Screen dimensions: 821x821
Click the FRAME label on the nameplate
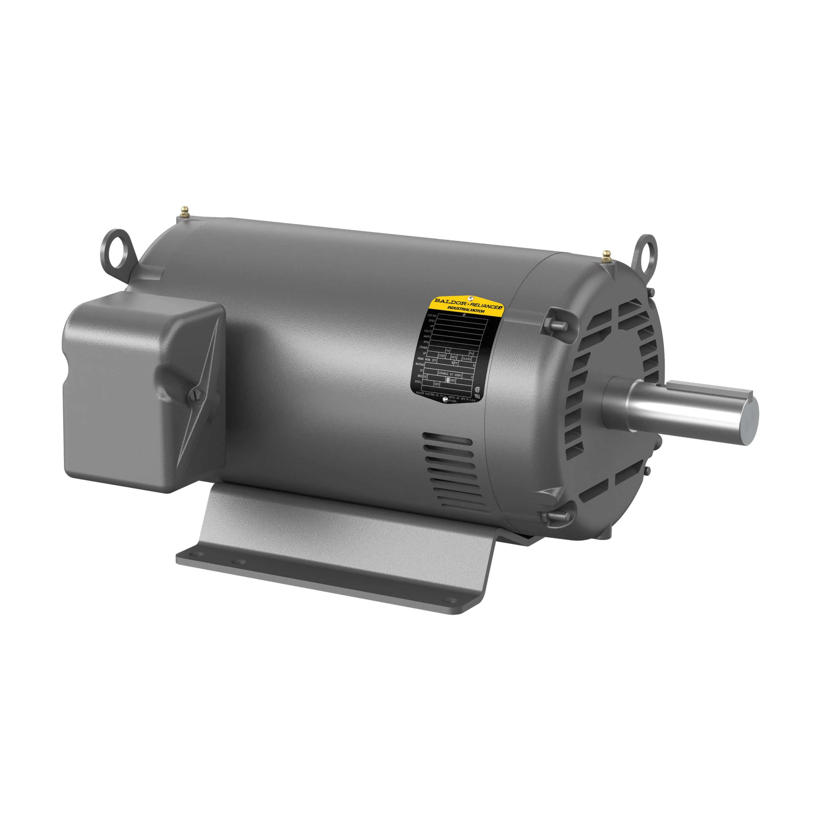(x=423, y=347)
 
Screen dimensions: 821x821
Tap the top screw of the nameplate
(x=470, y=298)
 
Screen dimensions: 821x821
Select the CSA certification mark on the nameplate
(x=477, y=388)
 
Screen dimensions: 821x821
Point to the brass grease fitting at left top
(x=184, y=211)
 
